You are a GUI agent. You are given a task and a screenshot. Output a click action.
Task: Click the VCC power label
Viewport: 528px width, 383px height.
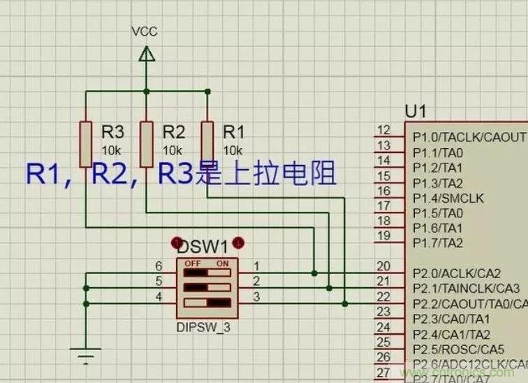pos(145,32)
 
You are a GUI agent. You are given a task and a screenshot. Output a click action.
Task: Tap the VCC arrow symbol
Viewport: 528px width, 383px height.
pos(146,54)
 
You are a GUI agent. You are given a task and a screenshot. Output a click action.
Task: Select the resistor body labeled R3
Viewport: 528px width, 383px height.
pos(85,143)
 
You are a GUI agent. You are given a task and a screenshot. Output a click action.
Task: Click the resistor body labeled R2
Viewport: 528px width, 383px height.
pos(146,143)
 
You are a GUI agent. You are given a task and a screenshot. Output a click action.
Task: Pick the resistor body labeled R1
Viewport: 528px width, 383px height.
pos(207,143)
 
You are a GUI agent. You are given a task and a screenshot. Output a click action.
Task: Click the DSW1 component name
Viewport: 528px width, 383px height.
pos(203,247)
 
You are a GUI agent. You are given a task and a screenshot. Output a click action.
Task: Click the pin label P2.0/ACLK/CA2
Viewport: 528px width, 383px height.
pos(457,273)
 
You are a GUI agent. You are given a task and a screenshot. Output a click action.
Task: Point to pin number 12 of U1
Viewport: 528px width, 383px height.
pos(383,131)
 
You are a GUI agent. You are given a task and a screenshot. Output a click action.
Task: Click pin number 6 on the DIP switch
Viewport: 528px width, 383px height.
pos(159,266)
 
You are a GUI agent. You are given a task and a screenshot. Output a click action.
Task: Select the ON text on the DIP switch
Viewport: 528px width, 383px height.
pos(223,263)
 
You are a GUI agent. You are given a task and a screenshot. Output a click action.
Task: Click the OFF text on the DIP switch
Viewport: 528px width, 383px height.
pos(193,263)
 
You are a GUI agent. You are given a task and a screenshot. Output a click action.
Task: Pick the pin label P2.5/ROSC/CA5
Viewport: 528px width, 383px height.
pos(458,349)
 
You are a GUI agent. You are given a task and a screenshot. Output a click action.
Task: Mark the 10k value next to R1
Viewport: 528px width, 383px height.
pos(233,150)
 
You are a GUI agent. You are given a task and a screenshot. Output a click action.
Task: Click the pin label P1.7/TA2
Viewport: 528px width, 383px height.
pos(438,243)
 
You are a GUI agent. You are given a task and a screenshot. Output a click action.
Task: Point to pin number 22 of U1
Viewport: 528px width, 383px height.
pos(383,297)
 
